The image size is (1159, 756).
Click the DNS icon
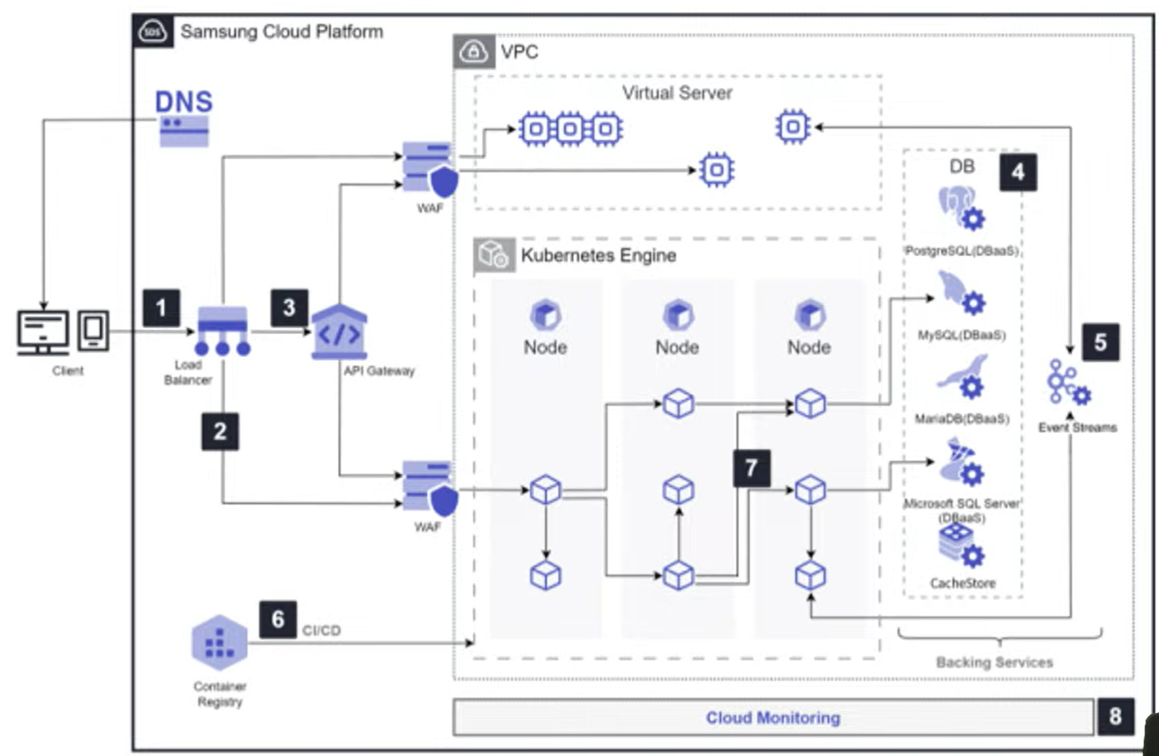184,130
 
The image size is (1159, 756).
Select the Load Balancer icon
222,330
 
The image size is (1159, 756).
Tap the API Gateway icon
339,332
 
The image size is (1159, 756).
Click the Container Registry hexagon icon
219,643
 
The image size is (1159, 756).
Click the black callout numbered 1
161,308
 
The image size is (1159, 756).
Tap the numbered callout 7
752,468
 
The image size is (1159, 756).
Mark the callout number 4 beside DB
1018,172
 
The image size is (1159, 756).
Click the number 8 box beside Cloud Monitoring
1115,716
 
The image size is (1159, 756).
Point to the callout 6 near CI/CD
278,619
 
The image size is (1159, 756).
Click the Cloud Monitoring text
773,717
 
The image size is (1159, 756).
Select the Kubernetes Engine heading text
598,256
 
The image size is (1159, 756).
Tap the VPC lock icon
474,52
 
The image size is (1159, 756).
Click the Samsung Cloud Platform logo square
153,31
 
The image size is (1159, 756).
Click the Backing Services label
994,662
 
